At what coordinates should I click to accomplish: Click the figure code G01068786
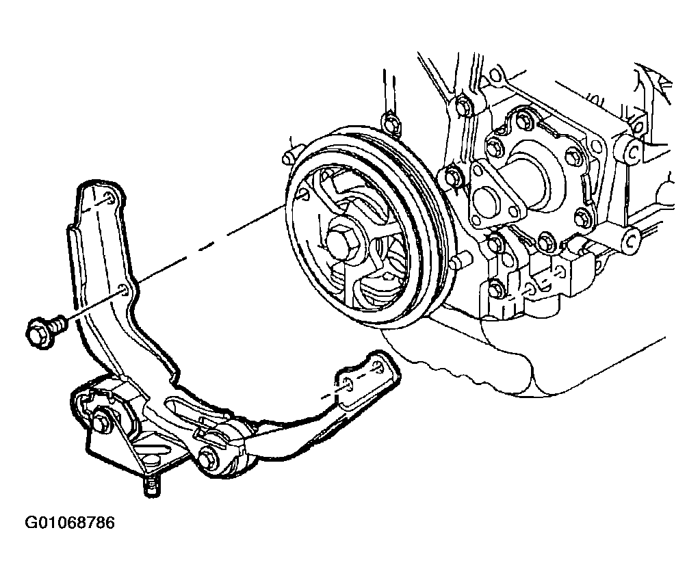[x=70, y=523]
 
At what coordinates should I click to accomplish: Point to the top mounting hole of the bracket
[x=109, y=198]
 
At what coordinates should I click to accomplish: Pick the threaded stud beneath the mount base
[x=150, y=486]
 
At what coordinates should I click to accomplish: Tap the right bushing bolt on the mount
[x=207, y=458]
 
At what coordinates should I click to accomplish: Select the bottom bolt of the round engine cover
[x=545, y=241]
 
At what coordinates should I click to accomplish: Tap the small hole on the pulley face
[x=303, y=194]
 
